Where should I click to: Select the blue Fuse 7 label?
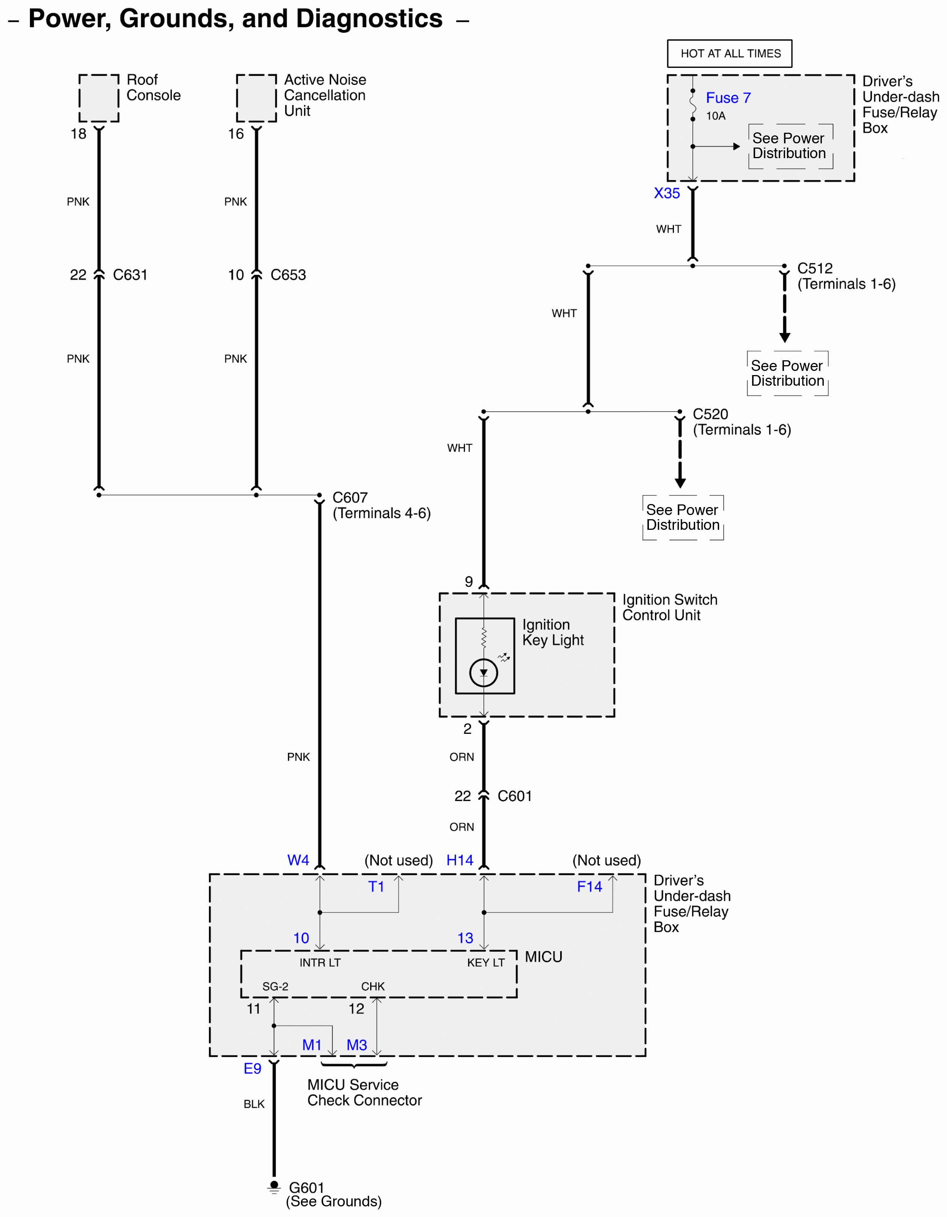click(x=728, y=98)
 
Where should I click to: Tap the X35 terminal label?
click(x=667, y=193)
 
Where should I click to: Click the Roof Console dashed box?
click(x=99, y=98)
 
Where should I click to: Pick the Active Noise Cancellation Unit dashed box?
click(x=256, y=98)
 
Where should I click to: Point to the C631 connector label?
click(x=130, y=275)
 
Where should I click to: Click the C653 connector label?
click(x=287, y=275)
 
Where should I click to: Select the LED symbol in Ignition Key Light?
click(x=483, y=672)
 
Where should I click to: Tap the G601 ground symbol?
click(x=274, y=1187)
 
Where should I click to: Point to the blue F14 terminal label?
click(x=589, y=887)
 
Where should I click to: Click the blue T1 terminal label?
click(x=376, y=887)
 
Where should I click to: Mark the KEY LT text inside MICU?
click(x=485, y=963)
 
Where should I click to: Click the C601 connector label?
click(x=514, y=796)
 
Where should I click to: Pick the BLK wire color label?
click(x=254, y=1104)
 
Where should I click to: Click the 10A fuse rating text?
click(x=716, y=116)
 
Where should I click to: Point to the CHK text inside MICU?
click(x=372, y=986)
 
